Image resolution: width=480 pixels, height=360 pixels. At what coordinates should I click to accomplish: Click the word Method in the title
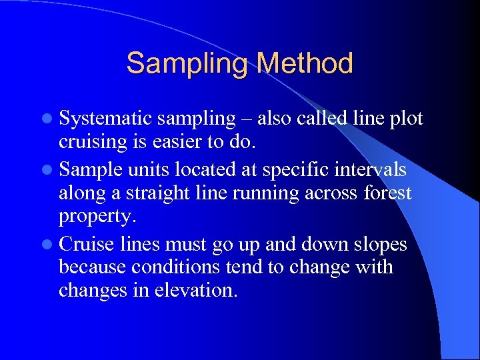304,64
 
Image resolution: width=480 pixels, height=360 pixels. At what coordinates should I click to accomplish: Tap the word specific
292,169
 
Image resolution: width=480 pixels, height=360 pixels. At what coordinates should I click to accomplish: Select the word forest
387,194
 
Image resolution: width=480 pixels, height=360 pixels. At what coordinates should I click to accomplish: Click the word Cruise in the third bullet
87,244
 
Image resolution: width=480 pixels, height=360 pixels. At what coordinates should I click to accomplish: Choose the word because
92,268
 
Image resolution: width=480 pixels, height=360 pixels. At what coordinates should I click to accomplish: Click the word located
203,169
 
